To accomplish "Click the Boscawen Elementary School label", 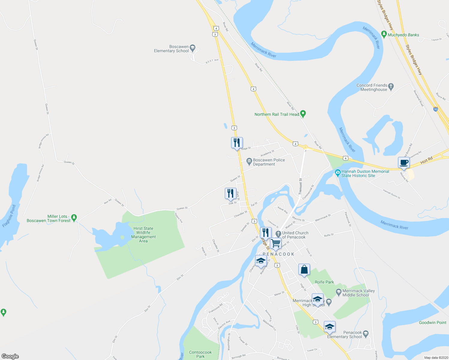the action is coord(171,49).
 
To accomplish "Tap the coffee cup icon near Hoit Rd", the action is coord(404,163).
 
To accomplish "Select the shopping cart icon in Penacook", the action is coord(276,243).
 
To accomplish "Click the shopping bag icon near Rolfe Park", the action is coord(304,269).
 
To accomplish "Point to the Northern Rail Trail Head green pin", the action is coord(303,114).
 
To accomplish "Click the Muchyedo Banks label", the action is coord(403,35).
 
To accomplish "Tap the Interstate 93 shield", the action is coord(436,109).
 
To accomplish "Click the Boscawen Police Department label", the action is coord(269,162).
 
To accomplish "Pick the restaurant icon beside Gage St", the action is coord(237,143).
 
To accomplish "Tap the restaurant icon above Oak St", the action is coord(230,193).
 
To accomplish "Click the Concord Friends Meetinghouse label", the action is coord(372,87).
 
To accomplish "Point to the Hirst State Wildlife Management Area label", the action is coord(143,235).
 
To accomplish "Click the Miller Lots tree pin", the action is coord(74,217).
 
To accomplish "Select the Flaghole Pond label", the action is coord(9,216).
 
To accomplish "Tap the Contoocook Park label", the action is coord(200,354).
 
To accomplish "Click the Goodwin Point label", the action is coord(432,322).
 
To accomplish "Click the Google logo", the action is coord(10,356).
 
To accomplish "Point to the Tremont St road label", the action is coord(300,186).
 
